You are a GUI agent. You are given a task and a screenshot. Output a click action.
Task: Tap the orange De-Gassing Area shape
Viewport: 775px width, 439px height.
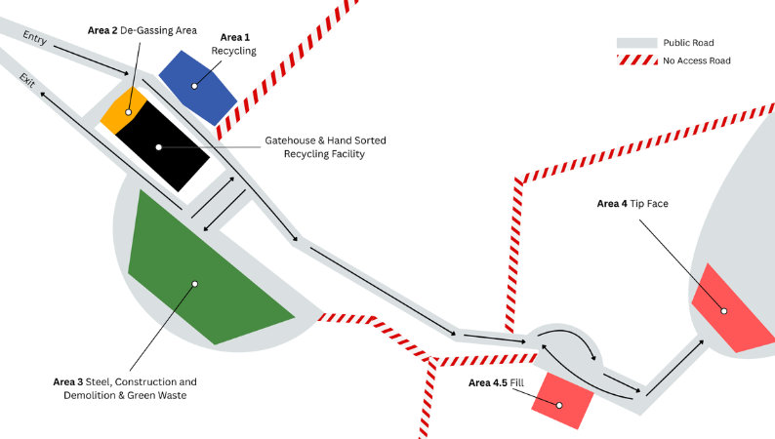pos(124,110)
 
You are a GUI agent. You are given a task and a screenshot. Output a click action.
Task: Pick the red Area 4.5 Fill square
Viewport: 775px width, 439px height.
pos(562,401)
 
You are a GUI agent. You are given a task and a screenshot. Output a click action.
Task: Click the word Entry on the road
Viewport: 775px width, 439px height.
pos(34,37)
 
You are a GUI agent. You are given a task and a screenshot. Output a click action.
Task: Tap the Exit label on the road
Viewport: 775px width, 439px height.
pos(26,81)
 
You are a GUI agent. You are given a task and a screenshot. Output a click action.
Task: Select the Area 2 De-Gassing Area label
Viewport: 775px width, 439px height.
pos(143,30)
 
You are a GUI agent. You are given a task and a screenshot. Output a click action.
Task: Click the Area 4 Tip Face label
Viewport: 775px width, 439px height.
pos(632,204)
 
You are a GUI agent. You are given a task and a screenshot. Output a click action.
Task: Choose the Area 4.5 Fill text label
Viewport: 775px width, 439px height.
pos(496,382)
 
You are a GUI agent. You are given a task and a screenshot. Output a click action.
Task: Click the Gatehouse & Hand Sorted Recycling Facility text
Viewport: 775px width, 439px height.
pos(325,147)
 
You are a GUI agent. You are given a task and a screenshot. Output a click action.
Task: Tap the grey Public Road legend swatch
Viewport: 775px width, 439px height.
pos(636,43)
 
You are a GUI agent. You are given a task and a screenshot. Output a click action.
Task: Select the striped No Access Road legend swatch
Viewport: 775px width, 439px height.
pos(637,60)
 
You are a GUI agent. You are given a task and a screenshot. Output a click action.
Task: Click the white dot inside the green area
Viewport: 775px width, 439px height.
pos(195,284)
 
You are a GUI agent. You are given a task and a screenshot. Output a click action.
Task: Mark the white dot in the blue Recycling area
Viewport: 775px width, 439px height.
pos(194,86)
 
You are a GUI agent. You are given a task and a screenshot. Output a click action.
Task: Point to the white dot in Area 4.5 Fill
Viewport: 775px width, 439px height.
pos(559,406)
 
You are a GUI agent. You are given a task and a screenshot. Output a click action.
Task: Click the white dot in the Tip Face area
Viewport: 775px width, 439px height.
pos(723,311)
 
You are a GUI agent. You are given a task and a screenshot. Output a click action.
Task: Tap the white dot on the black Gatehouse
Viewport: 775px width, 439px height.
pos(159,147)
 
